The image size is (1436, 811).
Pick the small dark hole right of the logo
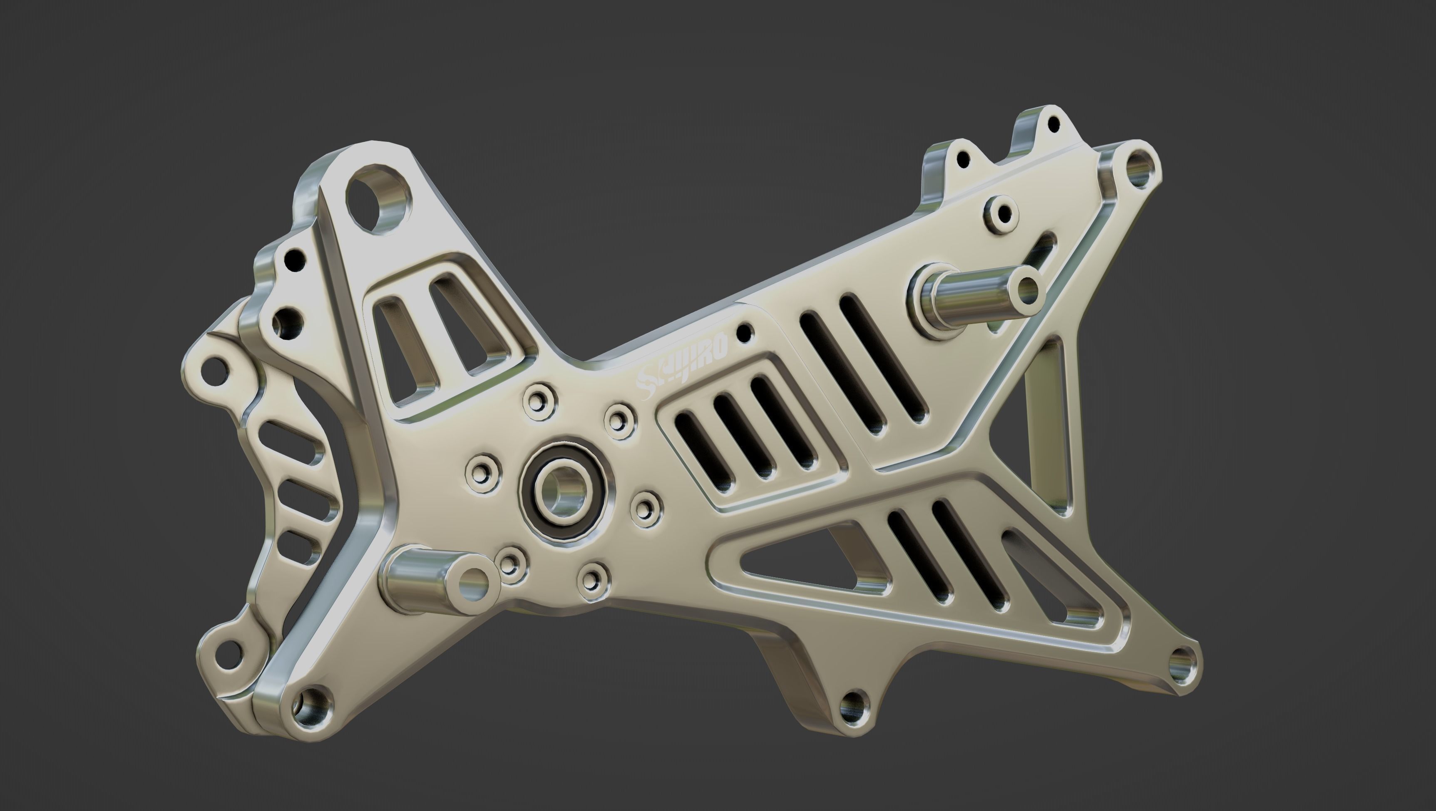point(745,333)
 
